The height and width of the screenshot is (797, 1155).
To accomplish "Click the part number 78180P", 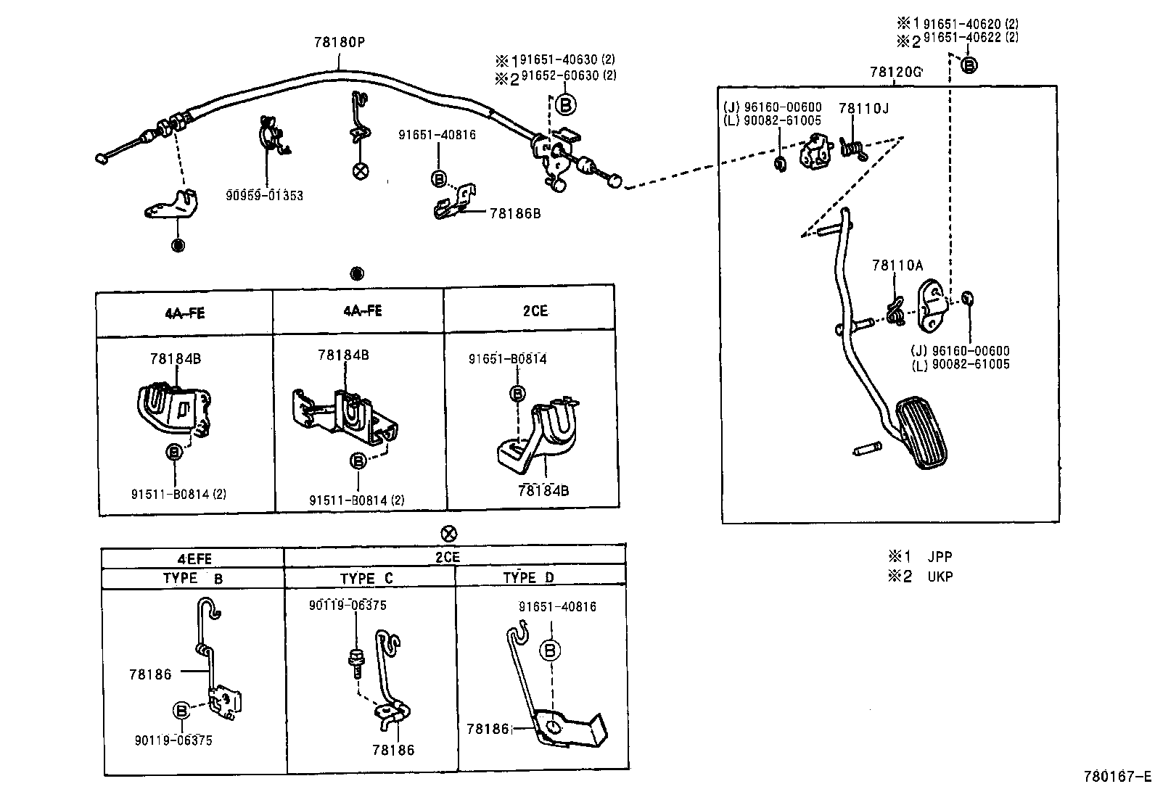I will [339, 42].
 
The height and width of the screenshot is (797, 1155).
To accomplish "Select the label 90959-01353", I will [264, 196].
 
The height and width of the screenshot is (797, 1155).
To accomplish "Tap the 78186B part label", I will [515, 213].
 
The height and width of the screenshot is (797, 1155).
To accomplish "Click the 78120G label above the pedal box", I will [895, 72].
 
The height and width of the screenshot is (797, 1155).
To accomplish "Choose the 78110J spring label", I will [863, 109].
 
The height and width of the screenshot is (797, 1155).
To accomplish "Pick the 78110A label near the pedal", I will [897, 265].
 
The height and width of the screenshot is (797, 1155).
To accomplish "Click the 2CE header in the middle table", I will [535, 311].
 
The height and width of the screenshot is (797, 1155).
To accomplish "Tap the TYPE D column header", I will [528, 577].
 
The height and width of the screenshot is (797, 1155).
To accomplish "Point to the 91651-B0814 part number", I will [507, 359].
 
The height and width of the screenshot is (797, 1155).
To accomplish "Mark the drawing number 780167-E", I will [1117, 776].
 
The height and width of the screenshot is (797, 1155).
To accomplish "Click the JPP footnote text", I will [940, 557].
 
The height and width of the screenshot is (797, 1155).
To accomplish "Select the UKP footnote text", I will [940, 577].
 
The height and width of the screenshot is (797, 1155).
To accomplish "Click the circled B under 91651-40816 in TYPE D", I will [551, 651].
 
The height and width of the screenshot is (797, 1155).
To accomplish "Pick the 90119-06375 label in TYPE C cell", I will [347, 606].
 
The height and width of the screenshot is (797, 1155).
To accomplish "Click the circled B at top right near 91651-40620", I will [969, 65].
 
